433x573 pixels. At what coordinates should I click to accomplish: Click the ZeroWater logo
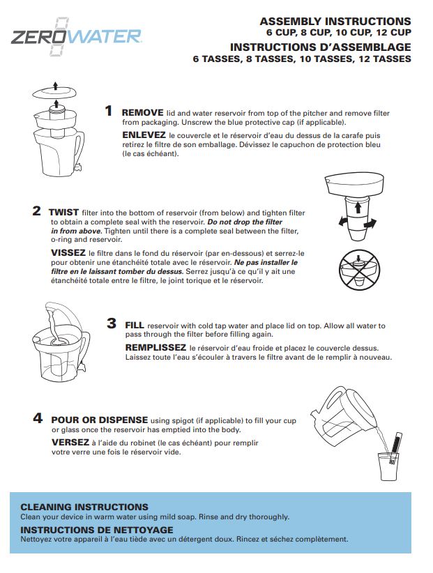[x=77, y=36]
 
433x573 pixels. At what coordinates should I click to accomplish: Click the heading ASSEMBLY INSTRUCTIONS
[x=335, y=22]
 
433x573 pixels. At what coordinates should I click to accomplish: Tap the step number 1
[x=108, y=111]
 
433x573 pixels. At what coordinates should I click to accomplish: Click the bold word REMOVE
[x=142, y=112]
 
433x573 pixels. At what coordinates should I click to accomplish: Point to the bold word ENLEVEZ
[x=144, y=135]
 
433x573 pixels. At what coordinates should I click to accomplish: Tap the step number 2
[x=37, y=211]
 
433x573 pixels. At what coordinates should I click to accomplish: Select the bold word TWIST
[x=64, y=211]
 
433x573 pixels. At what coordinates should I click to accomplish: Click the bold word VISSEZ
[x=68, y=252]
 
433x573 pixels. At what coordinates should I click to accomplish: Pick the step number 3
[x=111, y=323]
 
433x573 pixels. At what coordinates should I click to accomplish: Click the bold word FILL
[x=134, y=325]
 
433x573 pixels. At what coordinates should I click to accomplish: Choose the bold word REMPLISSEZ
[x=155, y=347]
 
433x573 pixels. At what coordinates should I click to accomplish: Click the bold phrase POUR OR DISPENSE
[x=99, y=420]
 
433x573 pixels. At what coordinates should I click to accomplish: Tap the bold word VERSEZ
[x=70, y=441]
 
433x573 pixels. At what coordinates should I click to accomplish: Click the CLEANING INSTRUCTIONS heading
[x=84, y=507]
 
